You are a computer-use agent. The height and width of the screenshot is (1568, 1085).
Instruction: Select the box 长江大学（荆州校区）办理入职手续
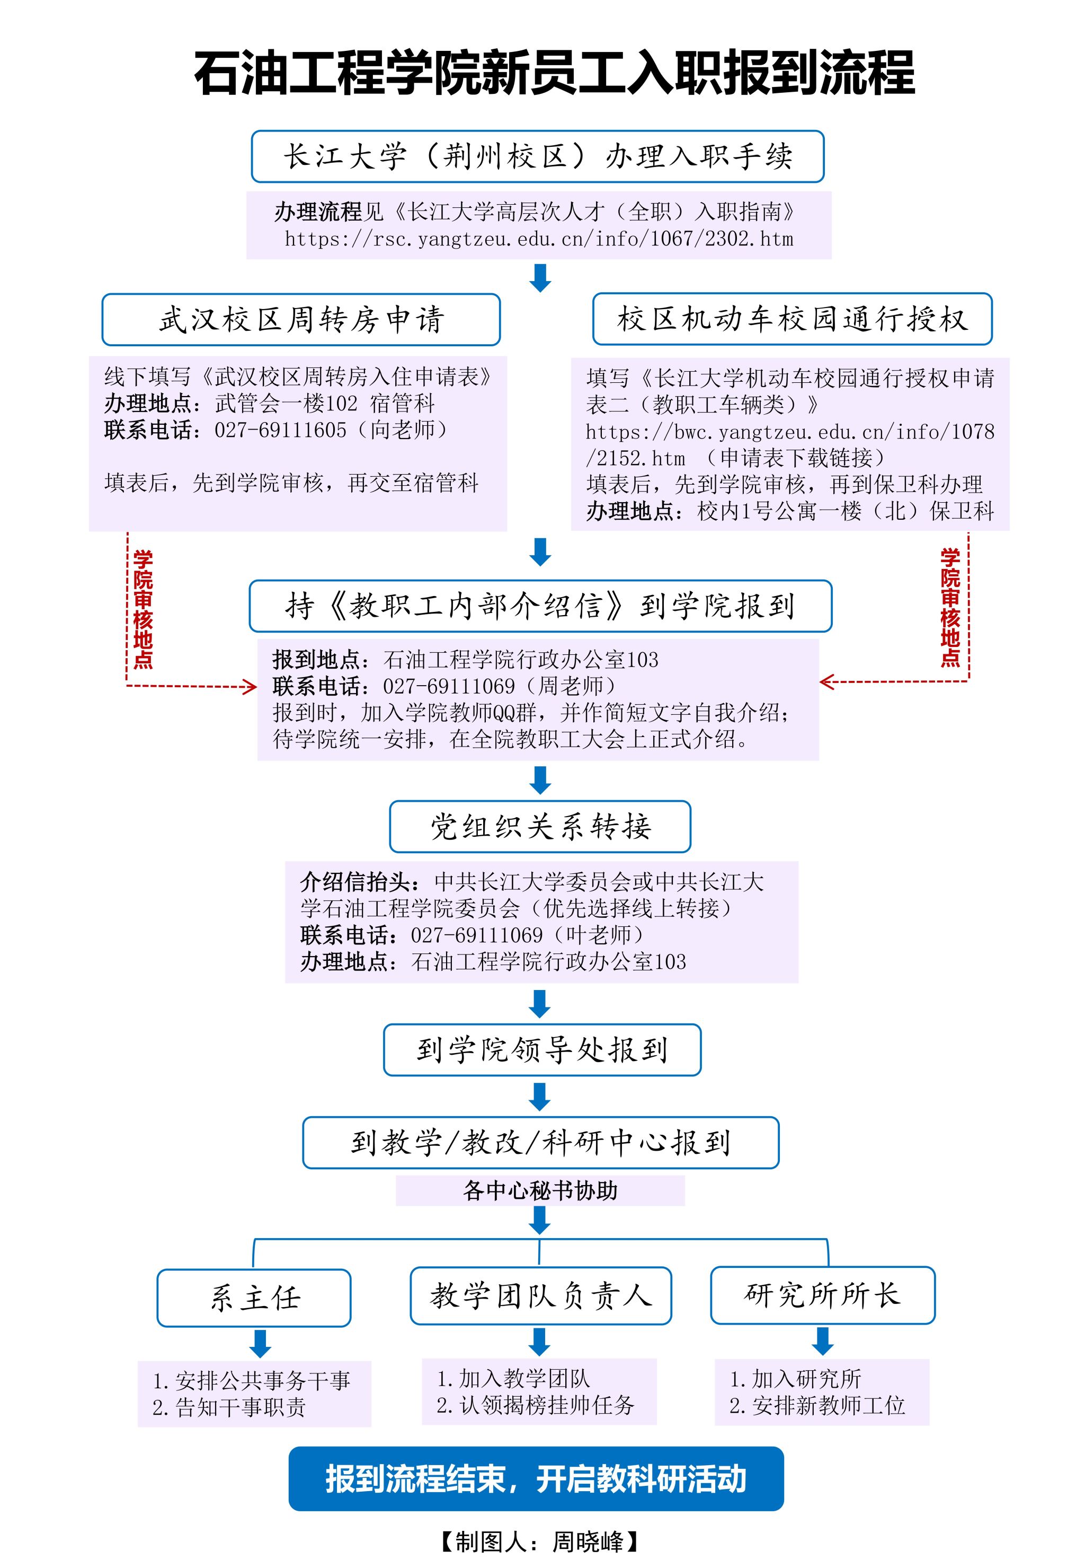coord(537,156)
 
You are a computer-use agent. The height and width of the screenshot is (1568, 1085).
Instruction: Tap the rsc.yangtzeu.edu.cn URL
coord(538,239)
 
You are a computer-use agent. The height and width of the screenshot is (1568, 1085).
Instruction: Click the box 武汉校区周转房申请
coord(301,319)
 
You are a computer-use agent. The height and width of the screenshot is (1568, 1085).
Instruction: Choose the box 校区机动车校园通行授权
coord(792,319)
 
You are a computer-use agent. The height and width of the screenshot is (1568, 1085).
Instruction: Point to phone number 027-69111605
coord(280,430)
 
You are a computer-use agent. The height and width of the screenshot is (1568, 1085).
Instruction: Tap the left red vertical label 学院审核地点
coord(143,609)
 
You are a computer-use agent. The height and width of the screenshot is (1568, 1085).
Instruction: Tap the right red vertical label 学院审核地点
coord(950,608)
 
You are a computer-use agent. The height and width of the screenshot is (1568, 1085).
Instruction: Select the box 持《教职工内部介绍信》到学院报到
coord(540,606)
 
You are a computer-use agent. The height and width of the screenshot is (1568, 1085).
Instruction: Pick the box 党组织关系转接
coord(540,827)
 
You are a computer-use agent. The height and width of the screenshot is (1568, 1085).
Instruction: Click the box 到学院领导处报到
coord(542,1049)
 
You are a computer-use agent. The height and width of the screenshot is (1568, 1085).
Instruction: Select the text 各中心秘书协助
coord(540,1190)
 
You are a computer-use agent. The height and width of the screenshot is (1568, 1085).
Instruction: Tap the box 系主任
coord(254,1298)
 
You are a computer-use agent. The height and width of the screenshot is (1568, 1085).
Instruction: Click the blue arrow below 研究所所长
coord(823,1340)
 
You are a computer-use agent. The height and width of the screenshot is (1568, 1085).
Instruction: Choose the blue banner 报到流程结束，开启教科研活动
coord(536,1478)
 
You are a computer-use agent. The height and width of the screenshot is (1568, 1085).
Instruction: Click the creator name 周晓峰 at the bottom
coord(588,1541)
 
